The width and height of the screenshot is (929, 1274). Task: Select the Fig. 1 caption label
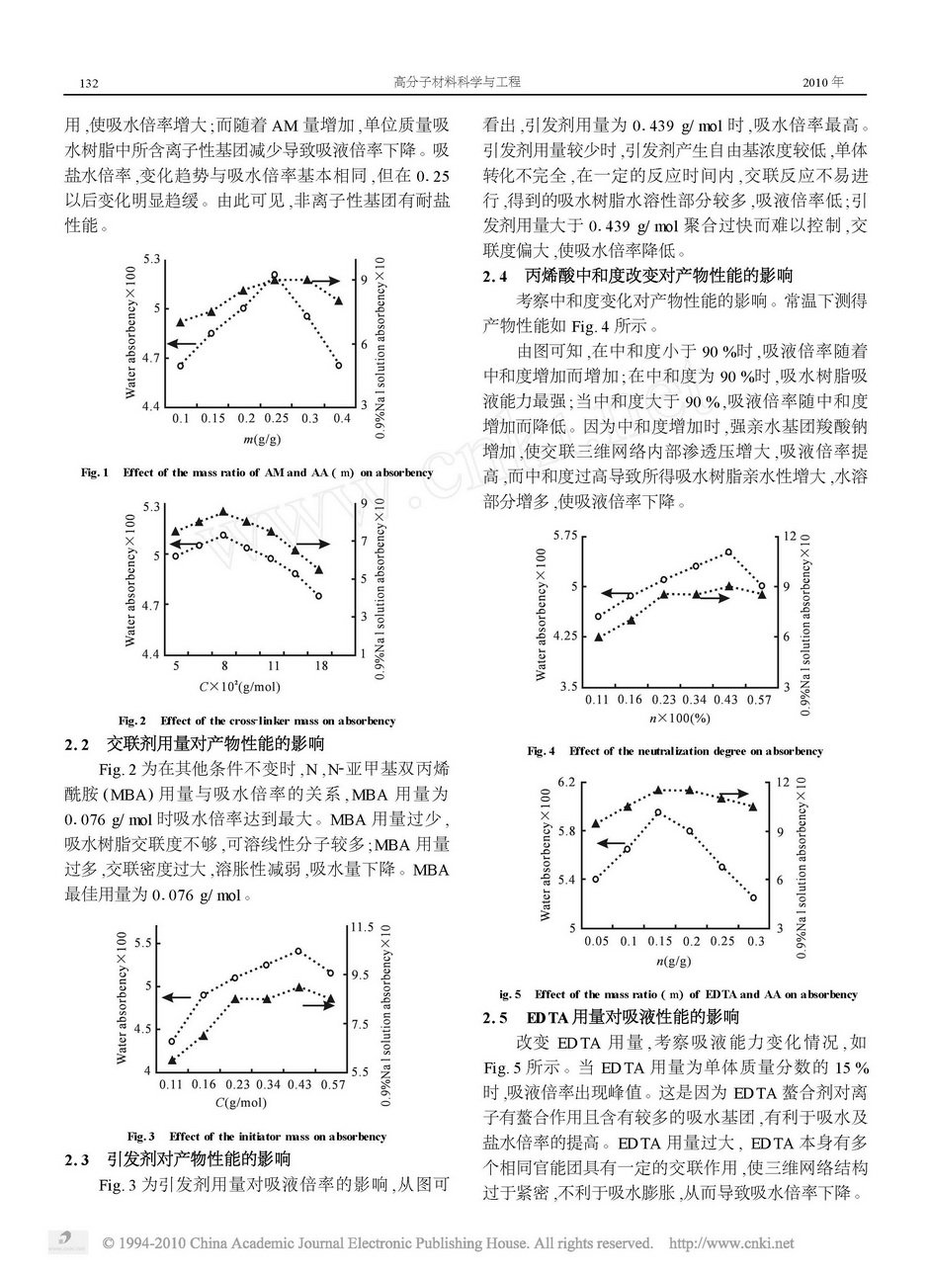point(95,472)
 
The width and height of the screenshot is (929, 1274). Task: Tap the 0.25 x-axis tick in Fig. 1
point(276,419)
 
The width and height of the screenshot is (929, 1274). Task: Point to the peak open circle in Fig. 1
point(275,275)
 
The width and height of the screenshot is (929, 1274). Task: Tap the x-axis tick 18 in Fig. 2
point(320,667)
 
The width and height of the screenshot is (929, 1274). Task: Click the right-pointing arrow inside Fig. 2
point(313,544)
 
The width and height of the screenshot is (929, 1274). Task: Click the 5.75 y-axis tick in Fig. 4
point(563,536)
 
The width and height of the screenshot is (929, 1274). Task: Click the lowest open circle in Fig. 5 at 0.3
point(753,897)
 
